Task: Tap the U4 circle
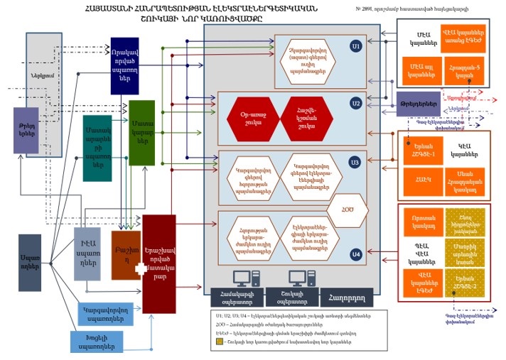tap(356, 253)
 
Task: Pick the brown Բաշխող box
tap(126, 253)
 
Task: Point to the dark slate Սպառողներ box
tap(30, 263)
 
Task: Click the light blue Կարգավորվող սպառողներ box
tap(104, 313)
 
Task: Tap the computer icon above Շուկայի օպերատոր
tap(295, 278)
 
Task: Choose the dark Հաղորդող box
tap(345, 295)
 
